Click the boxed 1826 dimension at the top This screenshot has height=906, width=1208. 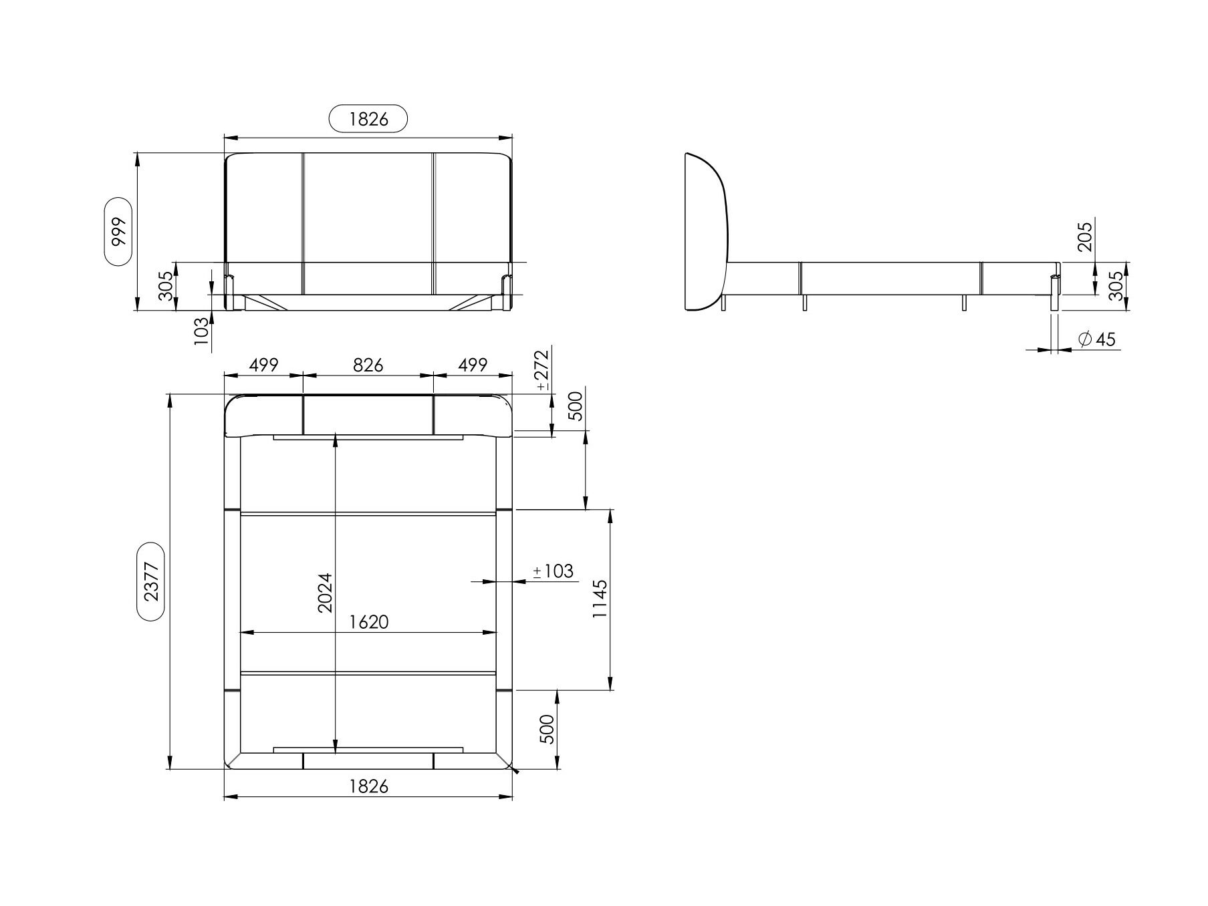[368, 119]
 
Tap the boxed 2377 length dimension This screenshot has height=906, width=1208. [151, 581]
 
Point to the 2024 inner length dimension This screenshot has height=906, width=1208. [325, 592]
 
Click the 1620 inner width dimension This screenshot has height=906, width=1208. [368, 622]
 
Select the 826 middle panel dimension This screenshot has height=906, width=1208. [368, 365]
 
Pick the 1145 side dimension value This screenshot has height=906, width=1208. [600, 599]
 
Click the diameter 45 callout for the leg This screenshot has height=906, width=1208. [1097, 339]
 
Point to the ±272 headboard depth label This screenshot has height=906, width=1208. [542, 369]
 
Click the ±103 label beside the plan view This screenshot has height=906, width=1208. [553, 571]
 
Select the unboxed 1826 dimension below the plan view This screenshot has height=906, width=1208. [368, 786]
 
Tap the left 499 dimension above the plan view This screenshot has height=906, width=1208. [263, 365]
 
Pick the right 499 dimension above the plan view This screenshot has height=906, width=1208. [473, 365]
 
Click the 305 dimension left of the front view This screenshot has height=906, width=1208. [166, 286]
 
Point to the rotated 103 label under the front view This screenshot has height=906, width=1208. [201, 331]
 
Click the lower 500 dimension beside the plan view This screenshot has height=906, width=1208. [547, 729]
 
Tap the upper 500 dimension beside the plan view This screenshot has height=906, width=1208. [575, 406]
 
